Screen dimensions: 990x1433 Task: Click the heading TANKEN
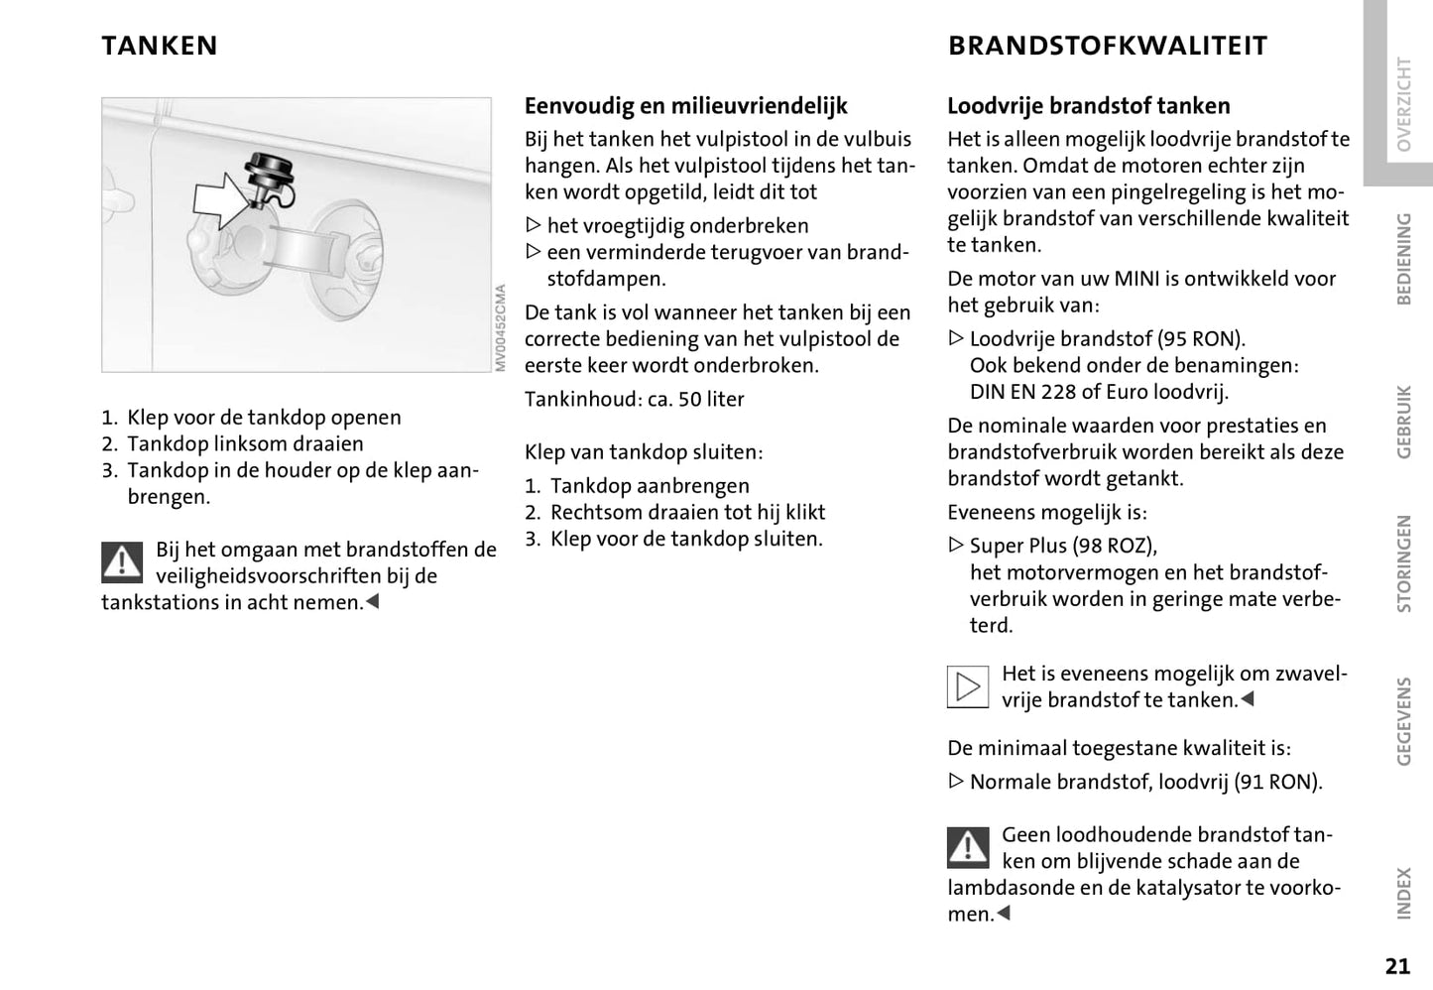(x=160, y=46)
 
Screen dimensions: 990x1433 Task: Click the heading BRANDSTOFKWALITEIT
(x=1108, y=46)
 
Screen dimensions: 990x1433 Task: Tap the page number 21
(x=1397, y=966)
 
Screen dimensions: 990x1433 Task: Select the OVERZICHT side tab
(x=1403, y=103)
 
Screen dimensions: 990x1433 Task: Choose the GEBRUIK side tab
(x=1403, y=421)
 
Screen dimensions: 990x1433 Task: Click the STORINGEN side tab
(x=1403, y=563)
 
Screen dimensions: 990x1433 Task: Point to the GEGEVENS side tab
(x=1403, y=721)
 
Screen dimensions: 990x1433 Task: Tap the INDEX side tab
(x=1403, y=893)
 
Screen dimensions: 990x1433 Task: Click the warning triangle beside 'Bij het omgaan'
(x=122, y=562)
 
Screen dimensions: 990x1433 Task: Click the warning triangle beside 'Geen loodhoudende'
(x=968, y=846)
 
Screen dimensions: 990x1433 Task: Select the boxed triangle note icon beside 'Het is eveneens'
(x=968, y=686)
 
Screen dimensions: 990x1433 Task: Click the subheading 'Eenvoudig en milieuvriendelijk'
(x=686, y=106)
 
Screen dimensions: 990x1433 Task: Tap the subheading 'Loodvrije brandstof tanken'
(x=1089, y=106)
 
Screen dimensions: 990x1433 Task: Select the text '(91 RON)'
(x=1278, y=782)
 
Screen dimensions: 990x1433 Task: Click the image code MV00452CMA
(x=501, y=328)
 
